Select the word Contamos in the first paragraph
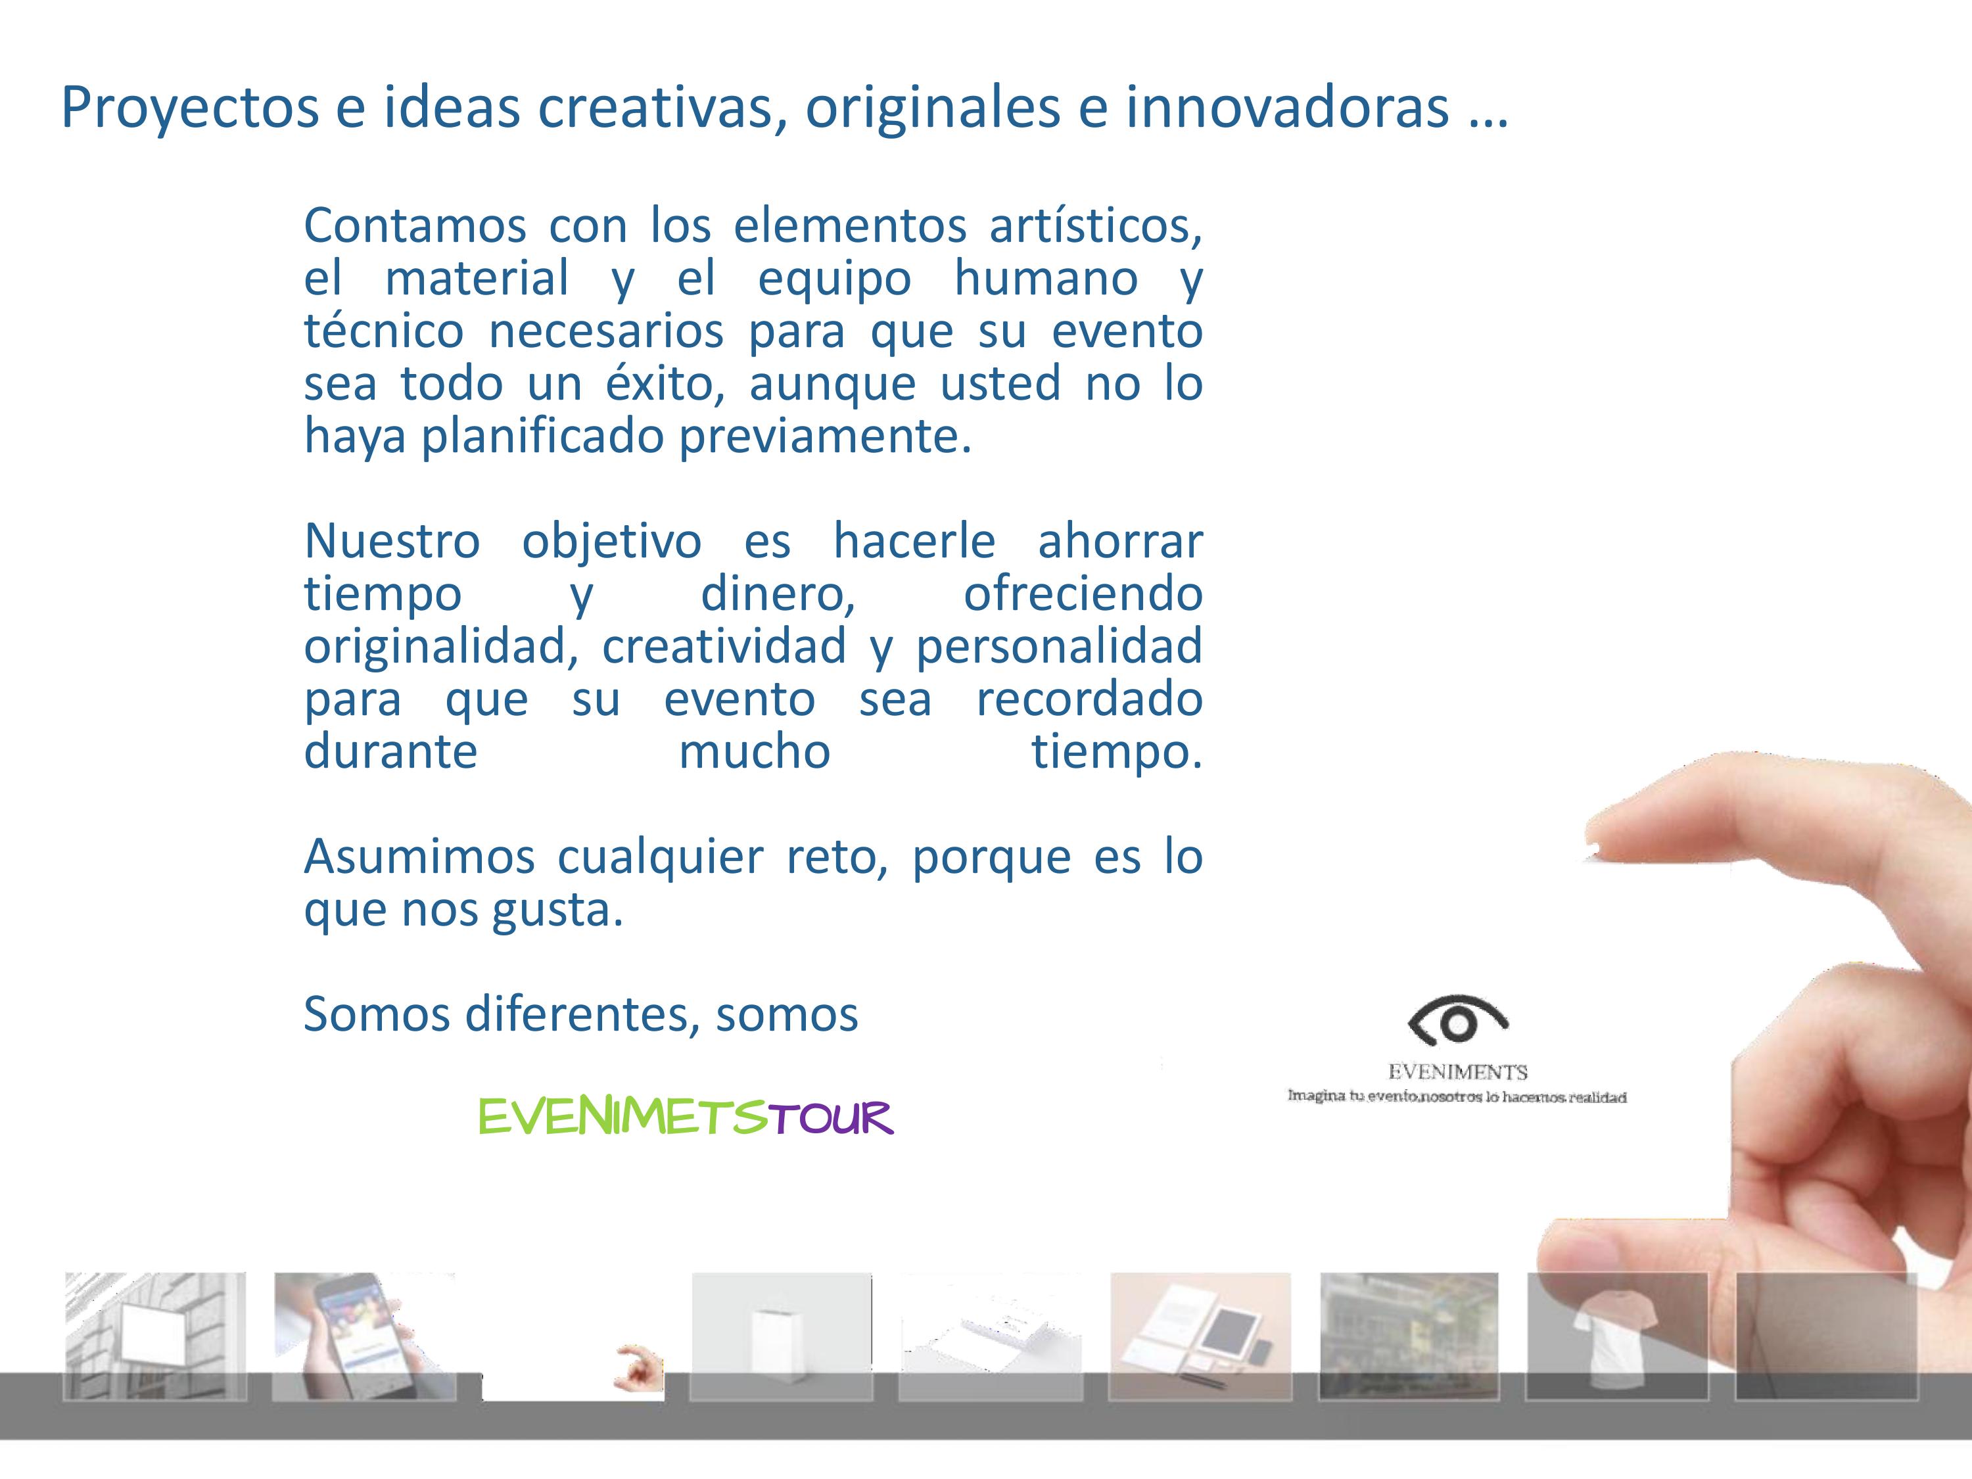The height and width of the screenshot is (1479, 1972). pos(415,225)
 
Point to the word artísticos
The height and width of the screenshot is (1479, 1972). pos(1096,225)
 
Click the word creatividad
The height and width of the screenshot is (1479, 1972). pos(724,646)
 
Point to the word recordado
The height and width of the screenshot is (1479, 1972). pos(1089,698)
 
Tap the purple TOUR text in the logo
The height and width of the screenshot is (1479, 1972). pos(830,1118)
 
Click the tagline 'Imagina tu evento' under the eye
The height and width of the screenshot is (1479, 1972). pos(1457,1096)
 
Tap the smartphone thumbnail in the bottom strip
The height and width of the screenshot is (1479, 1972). pos(364,1336)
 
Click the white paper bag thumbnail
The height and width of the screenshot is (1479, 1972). pos(782,1336)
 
